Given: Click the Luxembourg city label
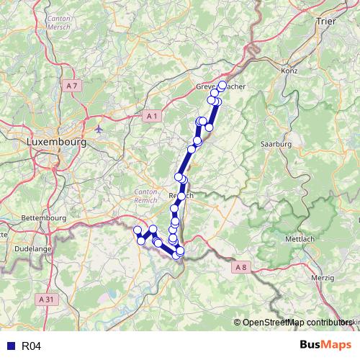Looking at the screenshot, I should [55, 143].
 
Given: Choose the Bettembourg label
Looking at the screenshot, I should [44, 217].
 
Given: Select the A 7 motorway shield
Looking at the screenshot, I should [71, 86].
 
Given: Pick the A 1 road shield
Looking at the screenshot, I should [150, 116].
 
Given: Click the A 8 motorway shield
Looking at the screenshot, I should [240, 268].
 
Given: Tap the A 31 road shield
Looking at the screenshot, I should [47, 299].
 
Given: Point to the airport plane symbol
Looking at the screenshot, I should [99, 130].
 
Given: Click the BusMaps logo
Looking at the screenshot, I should [325, 346].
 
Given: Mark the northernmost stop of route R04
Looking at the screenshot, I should [222, 86].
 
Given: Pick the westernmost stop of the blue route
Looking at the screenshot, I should [138, 230].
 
